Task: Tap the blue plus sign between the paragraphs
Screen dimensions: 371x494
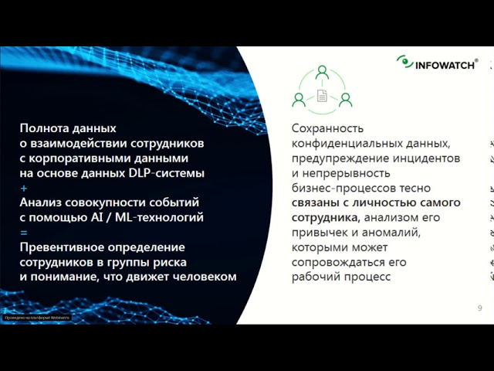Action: click(x=24, y=188)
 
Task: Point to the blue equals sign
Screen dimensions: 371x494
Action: click(x=24, y=232)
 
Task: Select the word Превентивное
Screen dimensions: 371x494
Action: click(x=65, y=247)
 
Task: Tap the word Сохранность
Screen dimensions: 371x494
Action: click(x=327, y=128)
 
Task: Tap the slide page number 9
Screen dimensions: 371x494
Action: click(x=480, y=308)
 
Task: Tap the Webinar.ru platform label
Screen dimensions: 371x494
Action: click(x=36, y=317)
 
